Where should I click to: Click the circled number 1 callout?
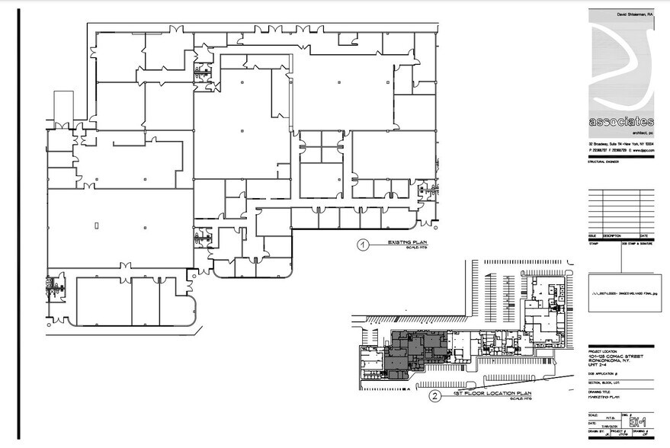[x=364, y=245]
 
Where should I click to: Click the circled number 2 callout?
[x=434, y=395]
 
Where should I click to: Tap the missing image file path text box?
[x=622, y=293]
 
